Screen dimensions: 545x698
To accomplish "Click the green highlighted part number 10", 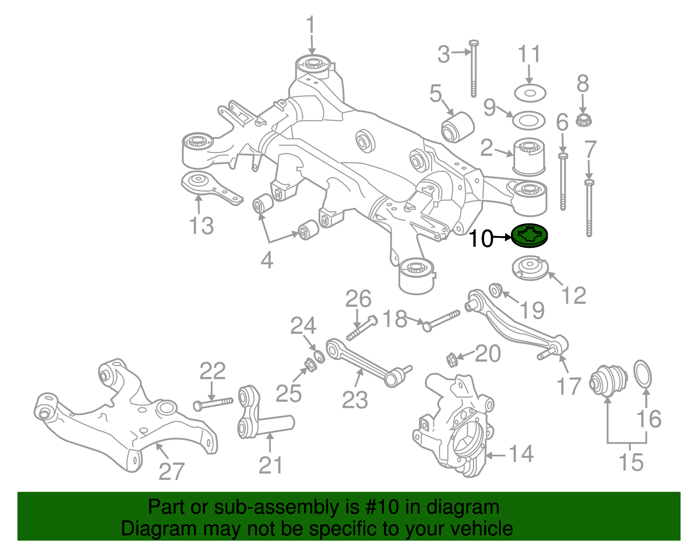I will coord(530,236).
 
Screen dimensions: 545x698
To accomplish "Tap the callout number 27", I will coord(171,471).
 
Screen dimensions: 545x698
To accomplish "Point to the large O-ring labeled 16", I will coord(643,374).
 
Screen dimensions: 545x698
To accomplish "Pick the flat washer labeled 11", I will coord(530,93).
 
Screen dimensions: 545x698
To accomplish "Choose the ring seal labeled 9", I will coord(529,120).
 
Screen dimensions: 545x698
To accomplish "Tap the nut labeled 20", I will coord(452,360).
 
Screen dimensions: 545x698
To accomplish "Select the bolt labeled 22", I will coord(213,403).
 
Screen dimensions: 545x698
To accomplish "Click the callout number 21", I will coord(270,465).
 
